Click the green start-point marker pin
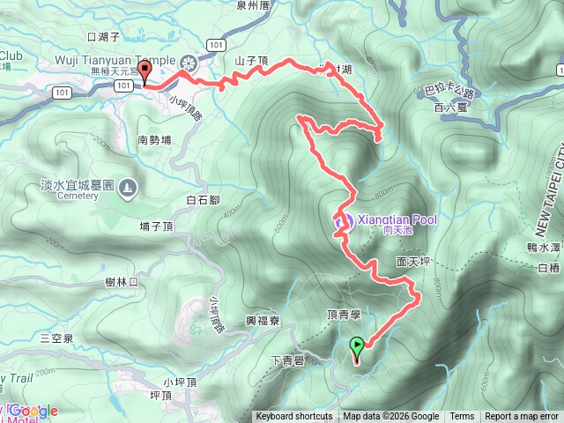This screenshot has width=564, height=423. tap(357, 347)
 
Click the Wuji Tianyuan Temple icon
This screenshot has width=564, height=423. tap(189, 63)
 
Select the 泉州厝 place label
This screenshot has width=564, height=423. tap(252, 4)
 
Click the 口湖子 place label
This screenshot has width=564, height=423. tap(104, 37)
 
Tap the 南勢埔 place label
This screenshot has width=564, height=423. tap(156, 139)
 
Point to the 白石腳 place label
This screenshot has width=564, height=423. tap(203, 201)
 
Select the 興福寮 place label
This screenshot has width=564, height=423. tap(263, 322)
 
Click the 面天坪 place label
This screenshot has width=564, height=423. tap(412, 262)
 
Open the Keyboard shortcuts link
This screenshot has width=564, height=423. tap(294, 417)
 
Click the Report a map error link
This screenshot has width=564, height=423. tap(522, 417)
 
